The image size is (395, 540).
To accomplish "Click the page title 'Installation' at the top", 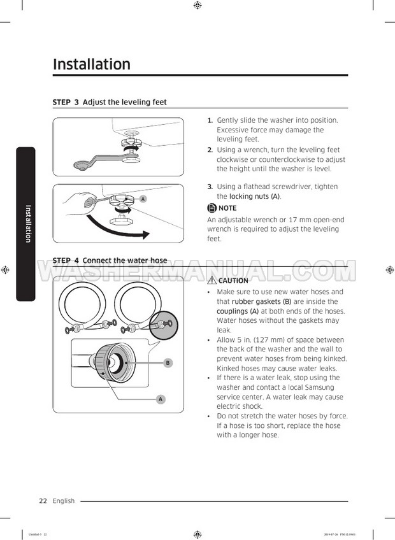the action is [92, 64].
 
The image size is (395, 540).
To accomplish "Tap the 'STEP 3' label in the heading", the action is [66, 103].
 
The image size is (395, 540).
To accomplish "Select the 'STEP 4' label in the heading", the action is [66, 260].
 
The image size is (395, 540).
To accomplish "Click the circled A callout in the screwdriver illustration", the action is [143, 199].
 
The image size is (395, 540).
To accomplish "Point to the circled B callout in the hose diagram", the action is [168, 362].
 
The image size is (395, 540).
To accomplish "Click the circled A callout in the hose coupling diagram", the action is [161, 399].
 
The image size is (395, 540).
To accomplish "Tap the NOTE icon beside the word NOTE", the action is [212, 208].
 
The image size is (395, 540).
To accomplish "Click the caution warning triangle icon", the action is [212, 280].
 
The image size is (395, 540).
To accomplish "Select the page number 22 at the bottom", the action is [43, 501].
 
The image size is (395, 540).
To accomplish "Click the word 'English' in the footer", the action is [64, 501].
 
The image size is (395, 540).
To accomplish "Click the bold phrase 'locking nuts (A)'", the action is [255, 196].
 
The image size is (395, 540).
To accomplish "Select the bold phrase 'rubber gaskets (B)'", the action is [262, 302].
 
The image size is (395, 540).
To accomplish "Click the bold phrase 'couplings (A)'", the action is [238, 311].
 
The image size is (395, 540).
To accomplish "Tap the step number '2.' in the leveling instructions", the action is [210, 150].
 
